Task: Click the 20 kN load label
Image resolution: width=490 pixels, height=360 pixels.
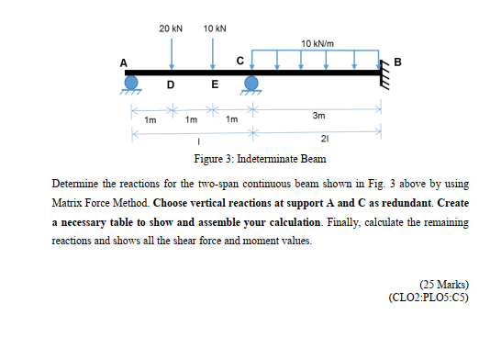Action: (169, 29)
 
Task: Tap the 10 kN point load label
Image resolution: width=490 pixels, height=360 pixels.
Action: (215, 29)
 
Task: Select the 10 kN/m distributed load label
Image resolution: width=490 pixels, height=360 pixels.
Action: (317, 43)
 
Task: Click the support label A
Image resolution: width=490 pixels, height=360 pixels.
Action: (124, 62)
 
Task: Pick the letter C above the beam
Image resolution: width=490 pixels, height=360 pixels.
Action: (240, 62)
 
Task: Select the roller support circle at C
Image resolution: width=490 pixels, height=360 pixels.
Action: (251, 83)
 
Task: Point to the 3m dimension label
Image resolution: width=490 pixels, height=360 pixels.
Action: (317, 117)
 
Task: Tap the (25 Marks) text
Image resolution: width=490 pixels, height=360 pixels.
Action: (442, 286)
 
